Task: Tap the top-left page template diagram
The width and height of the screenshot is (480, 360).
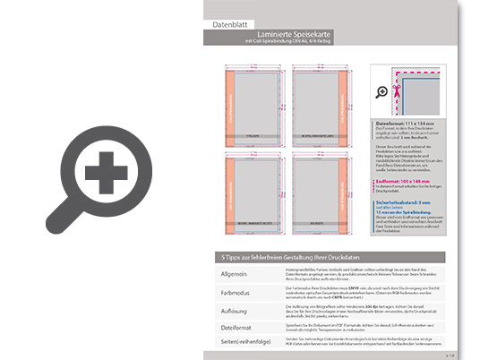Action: [254, 102]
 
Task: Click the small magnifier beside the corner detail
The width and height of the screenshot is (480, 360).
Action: [382, 91]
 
